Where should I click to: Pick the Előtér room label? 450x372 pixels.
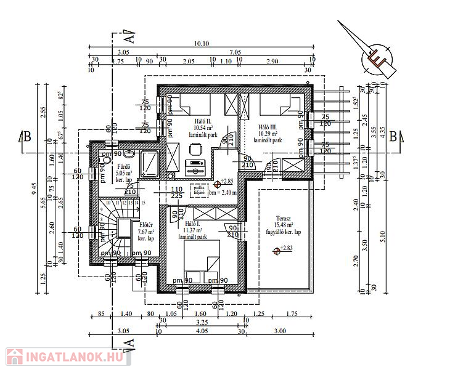[145, 225]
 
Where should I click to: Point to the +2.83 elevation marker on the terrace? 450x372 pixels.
[284, 249]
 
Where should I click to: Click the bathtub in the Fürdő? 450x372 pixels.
[150, 163]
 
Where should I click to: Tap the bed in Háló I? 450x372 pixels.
[202, 257]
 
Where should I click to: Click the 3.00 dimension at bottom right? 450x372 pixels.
[280, 331]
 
